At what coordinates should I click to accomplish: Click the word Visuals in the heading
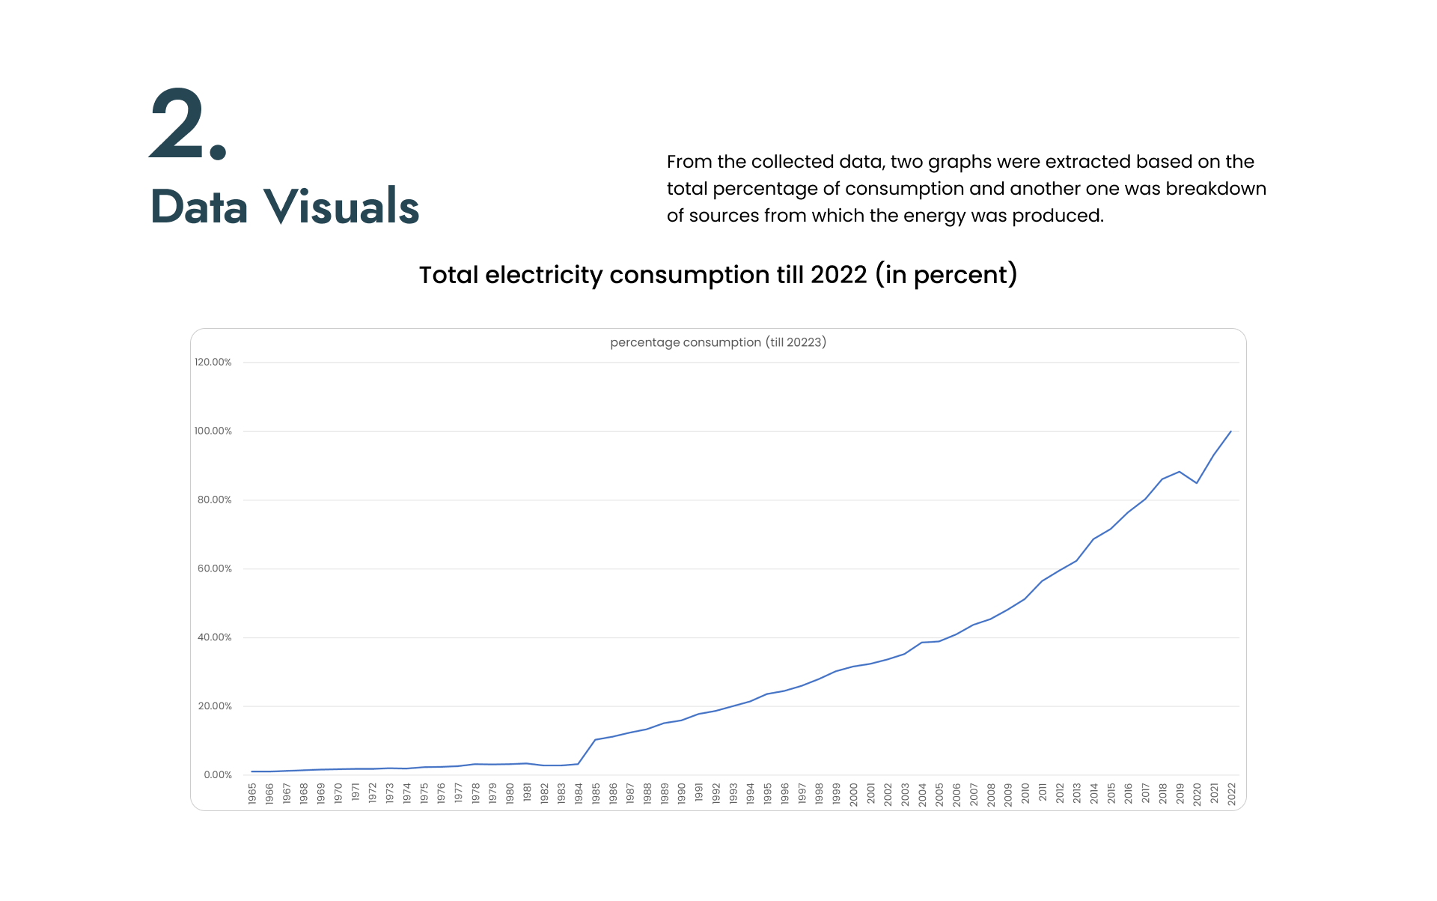(341, 207)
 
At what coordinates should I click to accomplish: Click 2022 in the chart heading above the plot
(838, 275)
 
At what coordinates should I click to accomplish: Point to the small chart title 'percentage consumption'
(685, 342)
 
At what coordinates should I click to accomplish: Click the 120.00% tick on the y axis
(213, 362)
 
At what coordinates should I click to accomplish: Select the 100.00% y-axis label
(213, 431)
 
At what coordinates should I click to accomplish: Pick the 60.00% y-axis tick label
(215, 569)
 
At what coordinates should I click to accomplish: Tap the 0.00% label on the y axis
(218, 775)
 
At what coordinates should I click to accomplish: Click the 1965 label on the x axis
(252, 794)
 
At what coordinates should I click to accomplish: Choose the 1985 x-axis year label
(596, 794)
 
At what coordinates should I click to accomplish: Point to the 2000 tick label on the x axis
(853, 794)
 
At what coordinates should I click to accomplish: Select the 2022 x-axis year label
(1231, 794)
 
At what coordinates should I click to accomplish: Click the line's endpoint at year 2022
(1231, 431)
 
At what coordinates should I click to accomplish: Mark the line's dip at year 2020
(1197, 483)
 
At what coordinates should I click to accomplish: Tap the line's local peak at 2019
(1180, 472)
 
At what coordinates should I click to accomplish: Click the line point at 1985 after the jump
(596, 740)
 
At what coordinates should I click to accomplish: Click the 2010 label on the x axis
(1025, 794)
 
